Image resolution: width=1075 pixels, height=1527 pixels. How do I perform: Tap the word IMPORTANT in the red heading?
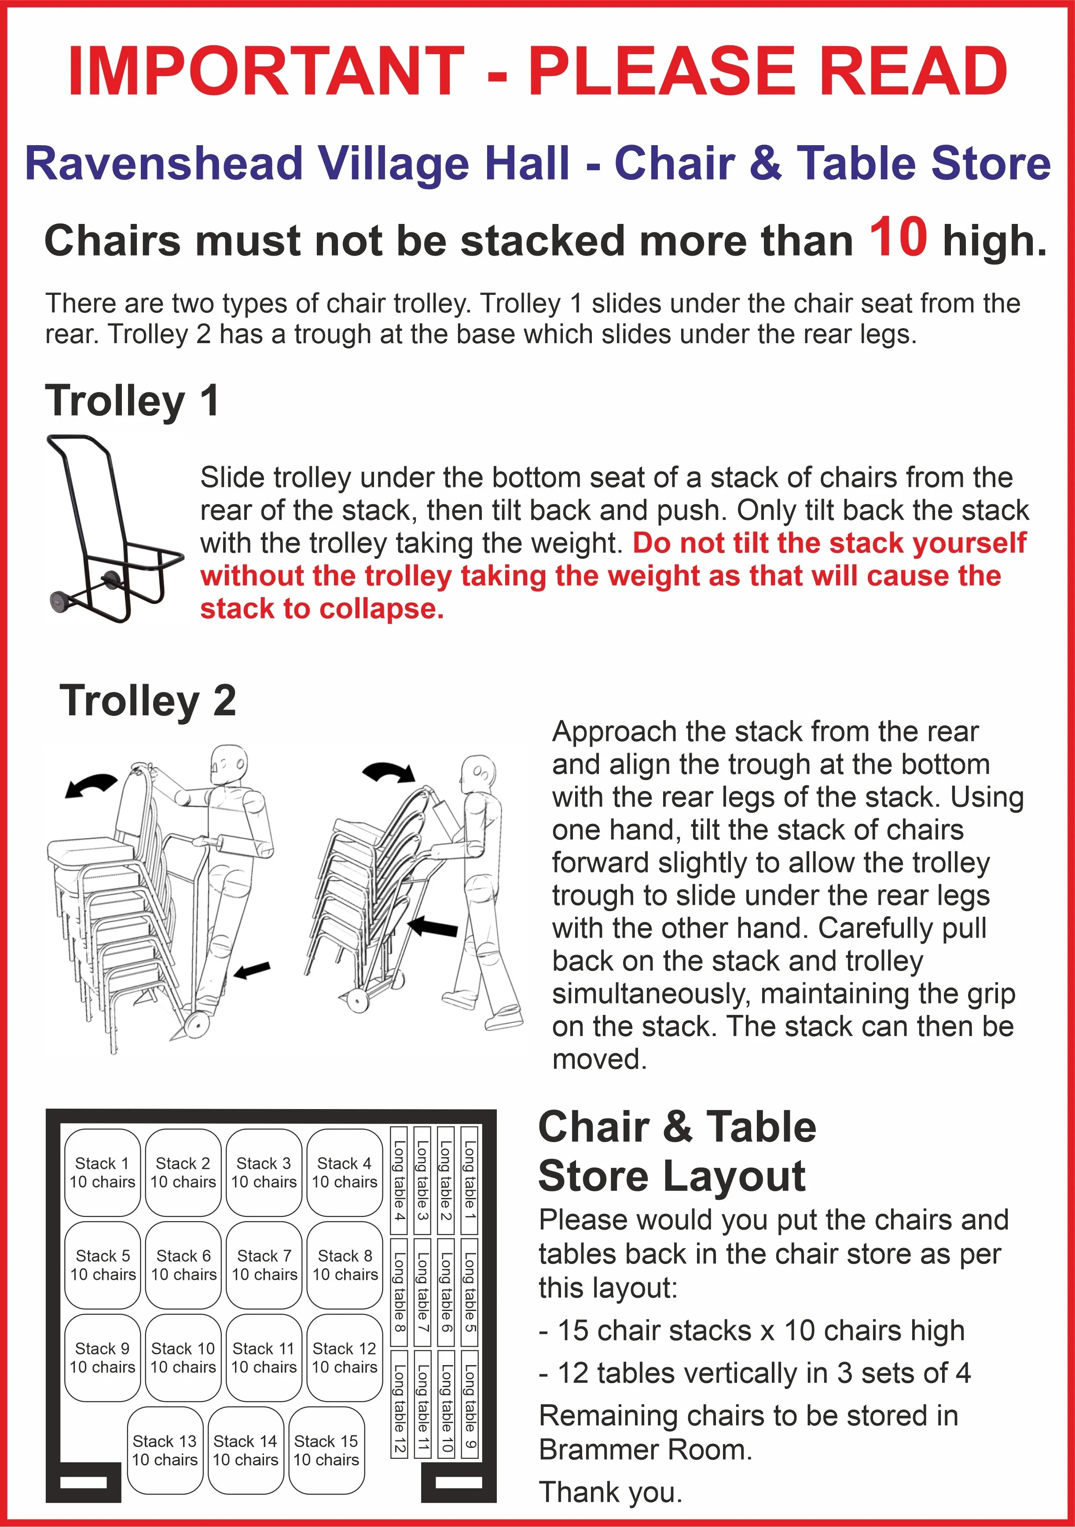click(x=266, y=71)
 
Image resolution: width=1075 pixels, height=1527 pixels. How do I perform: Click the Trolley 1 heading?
click(x=132, y=401)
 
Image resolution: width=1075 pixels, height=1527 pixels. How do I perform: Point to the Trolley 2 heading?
click(x=148, y=701)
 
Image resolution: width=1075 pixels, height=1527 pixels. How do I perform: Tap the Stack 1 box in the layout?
click(x=103, y=1172)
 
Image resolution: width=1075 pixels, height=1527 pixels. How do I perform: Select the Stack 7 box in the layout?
click(x=264, y=1265)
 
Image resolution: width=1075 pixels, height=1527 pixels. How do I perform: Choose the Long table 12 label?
click(x=399, y=1402)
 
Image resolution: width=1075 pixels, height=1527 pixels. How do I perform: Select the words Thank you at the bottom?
click(x=610, y=1492)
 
